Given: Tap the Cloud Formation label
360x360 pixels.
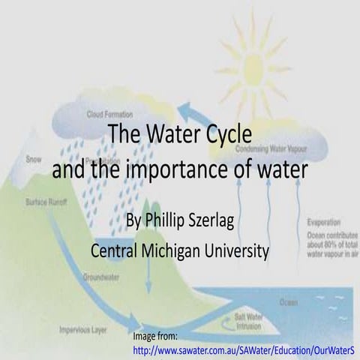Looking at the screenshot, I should pyautogui.click(x=109, y=114).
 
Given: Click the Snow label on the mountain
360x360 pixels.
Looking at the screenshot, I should pyautogui.click(x=34, y=159).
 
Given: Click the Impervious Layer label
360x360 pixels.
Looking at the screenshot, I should pyautogui.click(x=82, y=328).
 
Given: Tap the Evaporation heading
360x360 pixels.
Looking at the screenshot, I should pyautogui.click(x=323, y=222).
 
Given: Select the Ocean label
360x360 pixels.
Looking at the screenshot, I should pyautogui.click(x=288, y=302).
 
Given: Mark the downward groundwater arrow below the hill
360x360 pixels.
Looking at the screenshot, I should pyautogui.click(x=148, y=281).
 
